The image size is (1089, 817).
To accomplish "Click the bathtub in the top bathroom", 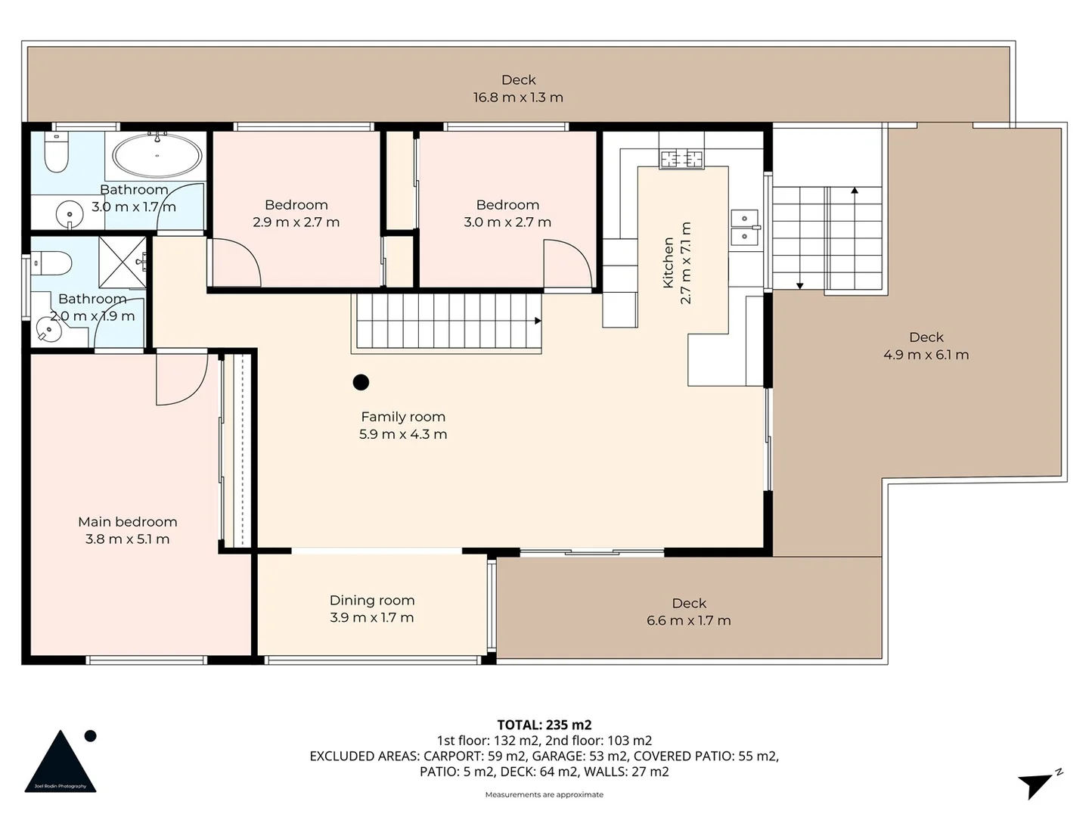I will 157,156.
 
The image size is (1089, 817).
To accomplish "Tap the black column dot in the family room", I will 361,382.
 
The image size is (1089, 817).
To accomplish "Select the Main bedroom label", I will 127,521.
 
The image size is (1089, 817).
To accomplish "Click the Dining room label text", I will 371,600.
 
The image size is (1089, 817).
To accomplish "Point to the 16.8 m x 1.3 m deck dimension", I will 518,98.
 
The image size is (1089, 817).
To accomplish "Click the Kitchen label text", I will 669,262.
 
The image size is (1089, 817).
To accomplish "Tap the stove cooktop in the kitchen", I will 681,159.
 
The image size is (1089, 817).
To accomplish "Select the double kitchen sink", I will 745,227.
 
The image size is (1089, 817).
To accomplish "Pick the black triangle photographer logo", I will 60,763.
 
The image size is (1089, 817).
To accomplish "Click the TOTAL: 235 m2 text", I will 544,725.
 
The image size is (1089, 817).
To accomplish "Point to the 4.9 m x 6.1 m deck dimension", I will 926,355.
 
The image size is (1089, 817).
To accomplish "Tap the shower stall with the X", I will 123,262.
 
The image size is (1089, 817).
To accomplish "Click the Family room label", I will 403,416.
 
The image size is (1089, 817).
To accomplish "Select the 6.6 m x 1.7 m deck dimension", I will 688,621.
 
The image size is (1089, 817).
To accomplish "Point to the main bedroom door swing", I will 181,378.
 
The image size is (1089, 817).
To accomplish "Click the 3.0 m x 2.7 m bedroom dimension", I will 507,222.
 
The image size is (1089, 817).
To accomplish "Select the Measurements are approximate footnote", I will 544,794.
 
